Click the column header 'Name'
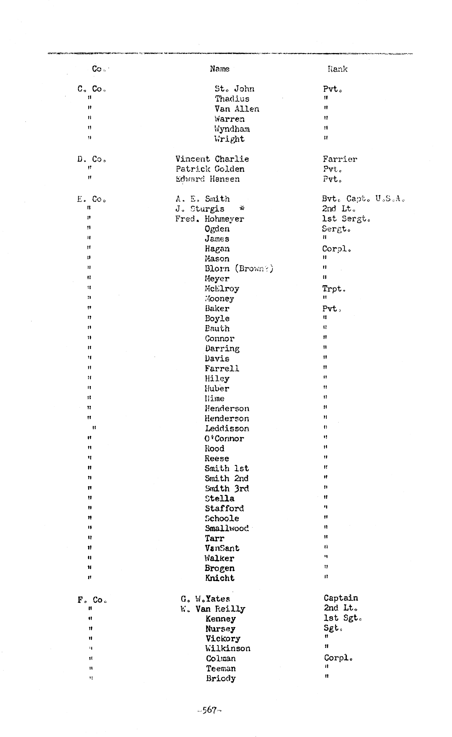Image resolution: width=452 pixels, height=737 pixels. [220, 69]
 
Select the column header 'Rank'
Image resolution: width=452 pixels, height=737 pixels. [337, 69]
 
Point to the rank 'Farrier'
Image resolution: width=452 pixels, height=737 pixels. [340, 159]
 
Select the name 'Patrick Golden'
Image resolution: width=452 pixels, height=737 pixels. [210, 169]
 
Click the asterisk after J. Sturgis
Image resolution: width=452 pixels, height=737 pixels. [242, 208]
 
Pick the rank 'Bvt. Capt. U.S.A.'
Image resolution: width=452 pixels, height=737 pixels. [363, 199]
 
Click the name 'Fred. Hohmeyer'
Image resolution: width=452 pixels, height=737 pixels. [210, 219]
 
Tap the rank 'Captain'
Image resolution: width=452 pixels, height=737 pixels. [341, 598]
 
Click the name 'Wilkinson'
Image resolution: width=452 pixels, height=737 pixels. [228, 648]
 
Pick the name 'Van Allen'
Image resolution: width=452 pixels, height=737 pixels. [237, 109]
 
